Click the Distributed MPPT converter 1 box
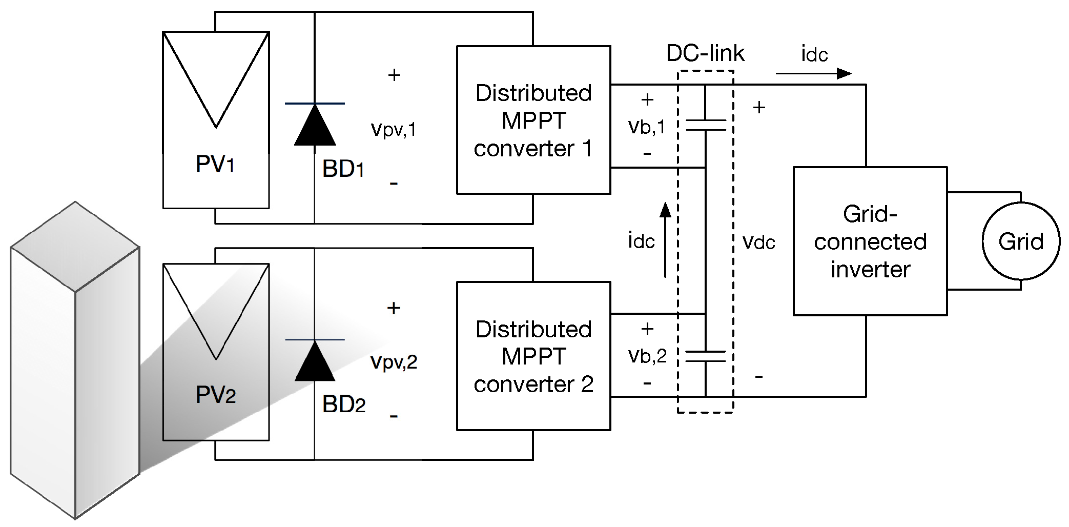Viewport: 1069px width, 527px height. click(x=533, y=120)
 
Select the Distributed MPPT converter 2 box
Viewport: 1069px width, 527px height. click(x=533, y=356)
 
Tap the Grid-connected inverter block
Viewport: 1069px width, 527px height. click(x=870, y=241)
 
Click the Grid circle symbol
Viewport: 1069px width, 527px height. click(x=1020, y=241)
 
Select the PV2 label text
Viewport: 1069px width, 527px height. click(x=216, y=395)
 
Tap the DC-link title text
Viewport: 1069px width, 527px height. click(x=705, y=53)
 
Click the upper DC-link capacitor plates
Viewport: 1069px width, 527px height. click(x=706, y=125)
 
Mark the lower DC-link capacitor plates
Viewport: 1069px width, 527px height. click(x=706, y=356)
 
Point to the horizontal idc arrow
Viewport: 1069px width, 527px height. click(x=814, y=74)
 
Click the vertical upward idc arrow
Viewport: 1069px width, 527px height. click(x=665, y=240)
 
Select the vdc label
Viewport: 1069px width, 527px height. click(x=758, y=242)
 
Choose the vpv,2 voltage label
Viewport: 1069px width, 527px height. click(x=394, y=361)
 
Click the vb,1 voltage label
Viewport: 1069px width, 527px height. click(x=647, y=127)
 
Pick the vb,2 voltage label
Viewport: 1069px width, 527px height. click(x=647, y=356)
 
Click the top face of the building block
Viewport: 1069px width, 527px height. click(x=75, y=246)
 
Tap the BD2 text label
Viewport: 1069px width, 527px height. click(x=343, y=404)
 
